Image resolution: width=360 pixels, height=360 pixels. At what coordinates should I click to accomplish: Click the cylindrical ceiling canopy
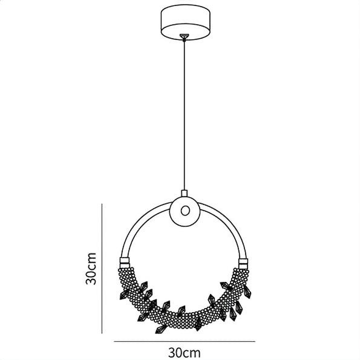[x=185, y=22]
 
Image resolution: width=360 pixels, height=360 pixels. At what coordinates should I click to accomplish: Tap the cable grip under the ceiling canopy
[x=184, y=37]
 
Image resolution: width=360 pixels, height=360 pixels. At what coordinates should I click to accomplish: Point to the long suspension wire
[x=184, y=116]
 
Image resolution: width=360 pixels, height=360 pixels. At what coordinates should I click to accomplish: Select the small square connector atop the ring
[x=185, y=194]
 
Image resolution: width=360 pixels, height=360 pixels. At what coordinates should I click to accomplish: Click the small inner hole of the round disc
[x=185, y=211]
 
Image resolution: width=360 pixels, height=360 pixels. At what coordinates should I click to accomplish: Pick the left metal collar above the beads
[x=125, y=263]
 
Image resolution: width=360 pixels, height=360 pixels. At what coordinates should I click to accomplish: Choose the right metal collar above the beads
[x=243, y=264]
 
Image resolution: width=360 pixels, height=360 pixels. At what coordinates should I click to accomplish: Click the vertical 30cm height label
[x=91, y=269]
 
